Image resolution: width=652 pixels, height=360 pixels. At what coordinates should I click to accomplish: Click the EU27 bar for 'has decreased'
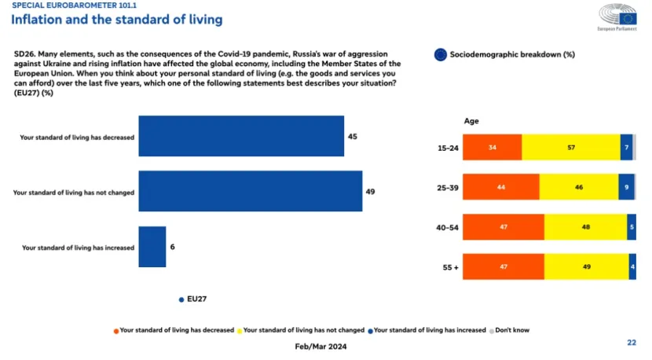click(x=241, y=136)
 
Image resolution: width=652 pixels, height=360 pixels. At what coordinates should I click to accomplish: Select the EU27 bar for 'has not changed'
click(x=251, y=191)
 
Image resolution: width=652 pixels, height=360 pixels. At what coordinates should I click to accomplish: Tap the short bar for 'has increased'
click(x=152, y=247)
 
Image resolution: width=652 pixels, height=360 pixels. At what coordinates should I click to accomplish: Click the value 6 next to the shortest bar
click(x=173, y=247)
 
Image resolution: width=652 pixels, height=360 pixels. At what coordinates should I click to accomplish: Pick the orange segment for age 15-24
click(x=492, y=147)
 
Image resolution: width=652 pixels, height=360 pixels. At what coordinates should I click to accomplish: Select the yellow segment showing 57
click(x=570, y=147)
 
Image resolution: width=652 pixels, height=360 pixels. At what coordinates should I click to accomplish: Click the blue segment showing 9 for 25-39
click(x=625, y=187)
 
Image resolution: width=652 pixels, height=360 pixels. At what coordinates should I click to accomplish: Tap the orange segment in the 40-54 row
click(x=503, y=227)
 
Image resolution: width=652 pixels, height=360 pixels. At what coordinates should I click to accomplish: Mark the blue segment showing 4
click(x=632, y=267)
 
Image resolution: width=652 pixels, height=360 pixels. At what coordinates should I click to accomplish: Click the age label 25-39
click(x=447, y=187)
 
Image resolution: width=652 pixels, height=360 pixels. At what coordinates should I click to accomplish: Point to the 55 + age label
click(x=450, y=267)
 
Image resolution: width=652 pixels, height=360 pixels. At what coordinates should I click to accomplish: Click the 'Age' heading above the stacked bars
click(x=471, y=121)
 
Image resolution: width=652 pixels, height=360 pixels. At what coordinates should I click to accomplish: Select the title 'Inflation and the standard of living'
click(x=116, y=19)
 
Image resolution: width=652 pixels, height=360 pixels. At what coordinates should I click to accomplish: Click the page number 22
click(x=631, y=343)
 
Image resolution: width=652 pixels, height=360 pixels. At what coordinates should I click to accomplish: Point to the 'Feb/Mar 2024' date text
click(x=320, y=347)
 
